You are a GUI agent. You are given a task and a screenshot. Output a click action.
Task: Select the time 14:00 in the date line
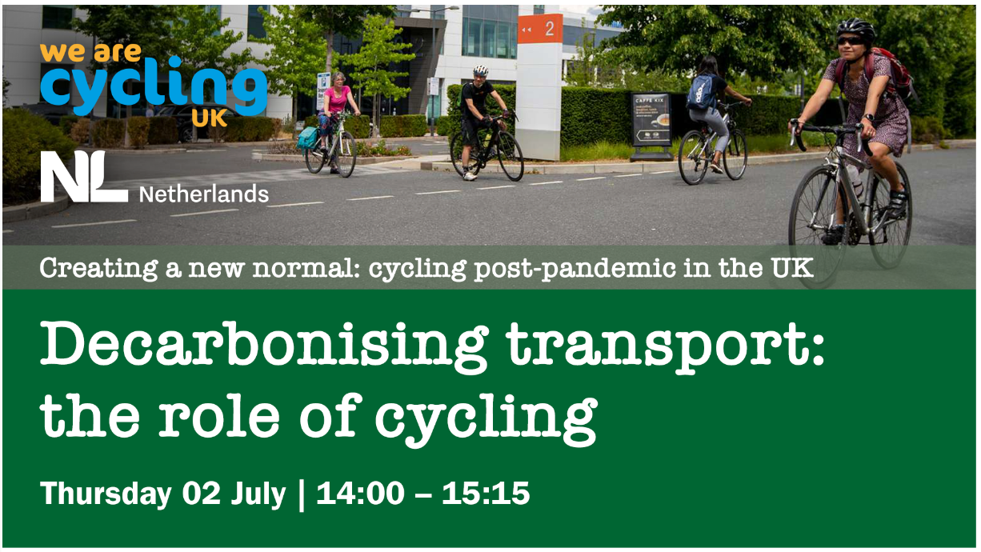coord(360,494)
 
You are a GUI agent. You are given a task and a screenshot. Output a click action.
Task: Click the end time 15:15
coord(486,494)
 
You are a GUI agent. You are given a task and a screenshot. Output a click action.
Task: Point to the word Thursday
coord(106,494)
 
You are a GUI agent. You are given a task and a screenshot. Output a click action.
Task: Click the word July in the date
coord(258,494)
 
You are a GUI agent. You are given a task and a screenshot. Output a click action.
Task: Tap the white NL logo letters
coord(84,177)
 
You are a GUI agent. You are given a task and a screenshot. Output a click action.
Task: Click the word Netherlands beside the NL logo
coord(204,194)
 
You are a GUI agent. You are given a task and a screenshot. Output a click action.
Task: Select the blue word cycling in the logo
coord(154,87)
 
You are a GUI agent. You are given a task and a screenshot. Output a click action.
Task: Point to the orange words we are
coord(90,53)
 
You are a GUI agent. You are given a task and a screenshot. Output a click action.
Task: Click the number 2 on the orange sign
coord(549,29)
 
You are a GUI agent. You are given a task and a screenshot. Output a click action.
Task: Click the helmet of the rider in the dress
coord(855,29)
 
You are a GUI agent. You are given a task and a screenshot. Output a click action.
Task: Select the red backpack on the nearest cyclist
coord(894,74)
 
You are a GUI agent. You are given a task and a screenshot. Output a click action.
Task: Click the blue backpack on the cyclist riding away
coord(702,92)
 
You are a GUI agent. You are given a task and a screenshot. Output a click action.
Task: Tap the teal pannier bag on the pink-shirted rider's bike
coord(307,138)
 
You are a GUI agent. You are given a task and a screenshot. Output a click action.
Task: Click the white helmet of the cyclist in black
coord(480,70)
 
